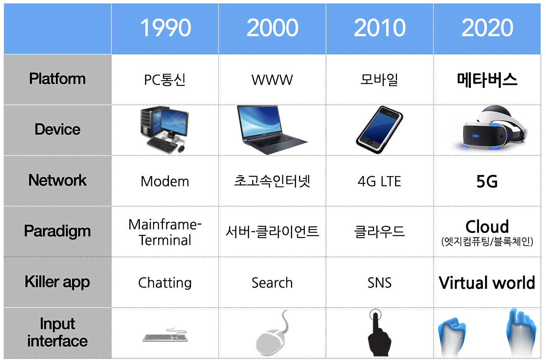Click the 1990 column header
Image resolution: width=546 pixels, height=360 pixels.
coord(165,28)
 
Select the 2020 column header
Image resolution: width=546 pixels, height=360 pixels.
coord(487,28)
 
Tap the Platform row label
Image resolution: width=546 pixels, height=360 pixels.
coord(57,79)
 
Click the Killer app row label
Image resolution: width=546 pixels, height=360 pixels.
coord(57,282)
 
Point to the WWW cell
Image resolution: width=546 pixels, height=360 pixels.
coord(272,80)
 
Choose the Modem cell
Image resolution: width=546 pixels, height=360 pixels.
coord(165,181)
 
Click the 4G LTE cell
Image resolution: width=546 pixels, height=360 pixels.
coord(379,181)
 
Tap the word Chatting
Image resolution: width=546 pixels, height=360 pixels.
coord(165,282)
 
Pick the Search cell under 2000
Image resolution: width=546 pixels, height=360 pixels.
coord(272,282)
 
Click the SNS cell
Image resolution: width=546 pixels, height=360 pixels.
coord(379,282)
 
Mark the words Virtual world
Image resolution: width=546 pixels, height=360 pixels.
coord(487,282)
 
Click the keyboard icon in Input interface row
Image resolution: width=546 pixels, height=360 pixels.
coord(165,336)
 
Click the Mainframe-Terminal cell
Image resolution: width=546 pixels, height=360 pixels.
coord(165,232)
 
